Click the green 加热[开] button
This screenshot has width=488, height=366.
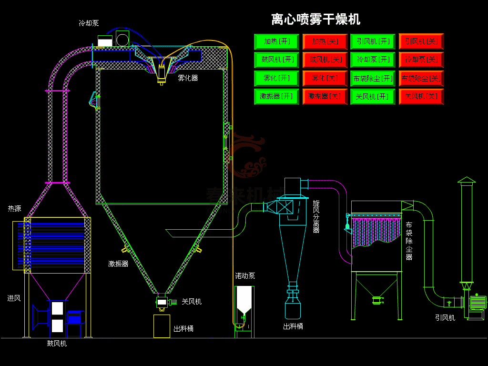click(276, 41)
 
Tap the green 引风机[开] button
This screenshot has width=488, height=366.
click(373, 41)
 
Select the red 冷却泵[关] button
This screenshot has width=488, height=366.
click(421, 60)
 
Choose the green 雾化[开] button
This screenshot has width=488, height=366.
click(276, 78)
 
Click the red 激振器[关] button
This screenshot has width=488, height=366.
click(325, 96)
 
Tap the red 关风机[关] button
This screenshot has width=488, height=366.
click(421, 96)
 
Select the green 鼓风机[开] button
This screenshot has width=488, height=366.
click(276, 60)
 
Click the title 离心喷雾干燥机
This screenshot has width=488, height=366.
click(315, 20)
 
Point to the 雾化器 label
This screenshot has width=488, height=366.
click(188, 78)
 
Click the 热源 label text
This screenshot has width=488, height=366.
click(14, 209)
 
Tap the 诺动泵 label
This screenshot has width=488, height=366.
click(245, 276)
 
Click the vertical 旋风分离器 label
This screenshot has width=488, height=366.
click(316, 216)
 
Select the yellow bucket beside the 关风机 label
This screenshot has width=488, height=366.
click(162, 326)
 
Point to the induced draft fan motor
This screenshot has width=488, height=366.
click(478, 303)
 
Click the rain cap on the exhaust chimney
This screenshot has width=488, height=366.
click(467, 180)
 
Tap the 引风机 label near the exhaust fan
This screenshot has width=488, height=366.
click(445, 317)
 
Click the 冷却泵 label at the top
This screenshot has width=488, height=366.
click(89, 23)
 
